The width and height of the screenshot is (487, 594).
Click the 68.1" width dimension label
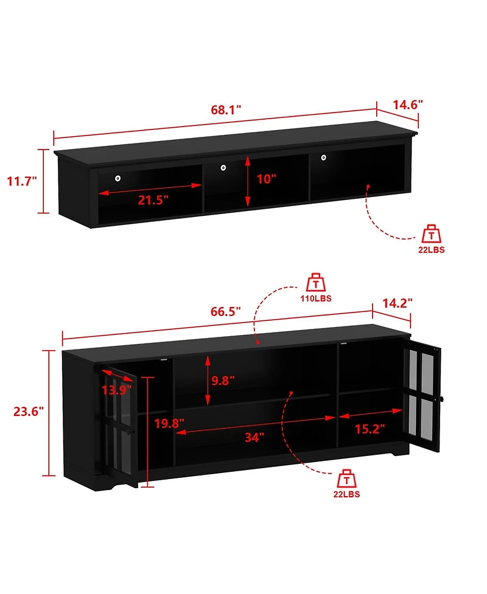(x=226, y=110)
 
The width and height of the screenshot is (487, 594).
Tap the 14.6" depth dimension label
(x=407, y=104)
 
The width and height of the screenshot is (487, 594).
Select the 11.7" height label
(x=22, y=181)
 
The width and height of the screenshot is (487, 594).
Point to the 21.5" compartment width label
(x=153, y=200)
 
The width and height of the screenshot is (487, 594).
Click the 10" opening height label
(x=266, y=179)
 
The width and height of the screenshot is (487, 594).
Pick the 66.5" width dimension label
(x=225, y=311)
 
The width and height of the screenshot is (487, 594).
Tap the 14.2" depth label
(x=398, y=303)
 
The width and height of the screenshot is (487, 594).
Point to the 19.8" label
(x=169, y=424)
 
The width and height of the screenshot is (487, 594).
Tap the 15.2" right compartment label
(x=370, y=429)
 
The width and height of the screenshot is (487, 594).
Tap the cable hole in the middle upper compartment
(x=223, y=167)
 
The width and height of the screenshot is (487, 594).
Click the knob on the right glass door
(x=444, y=398)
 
